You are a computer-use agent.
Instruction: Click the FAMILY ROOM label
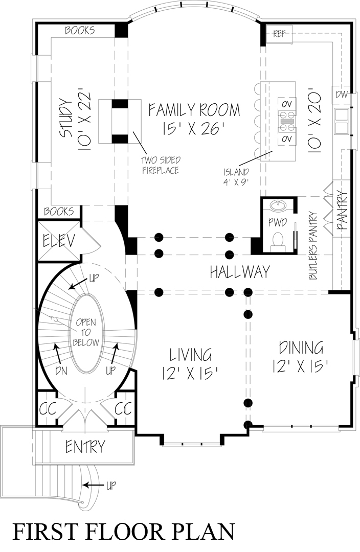[194, 109]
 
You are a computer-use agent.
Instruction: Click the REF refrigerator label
[279, 34]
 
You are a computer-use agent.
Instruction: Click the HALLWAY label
[239, 272]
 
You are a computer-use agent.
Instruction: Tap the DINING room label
[301, 348]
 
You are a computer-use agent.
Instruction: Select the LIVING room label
[191, 354]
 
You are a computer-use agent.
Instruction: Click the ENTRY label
[85, 447]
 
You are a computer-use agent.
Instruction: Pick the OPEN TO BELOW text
[86, 333]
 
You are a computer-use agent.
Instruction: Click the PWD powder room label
[277, 223]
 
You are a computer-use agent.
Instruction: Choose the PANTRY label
[342, 211]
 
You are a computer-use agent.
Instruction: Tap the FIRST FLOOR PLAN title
[123, 532]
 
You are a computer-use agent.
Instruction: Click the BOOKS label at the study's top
[80, 31]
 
